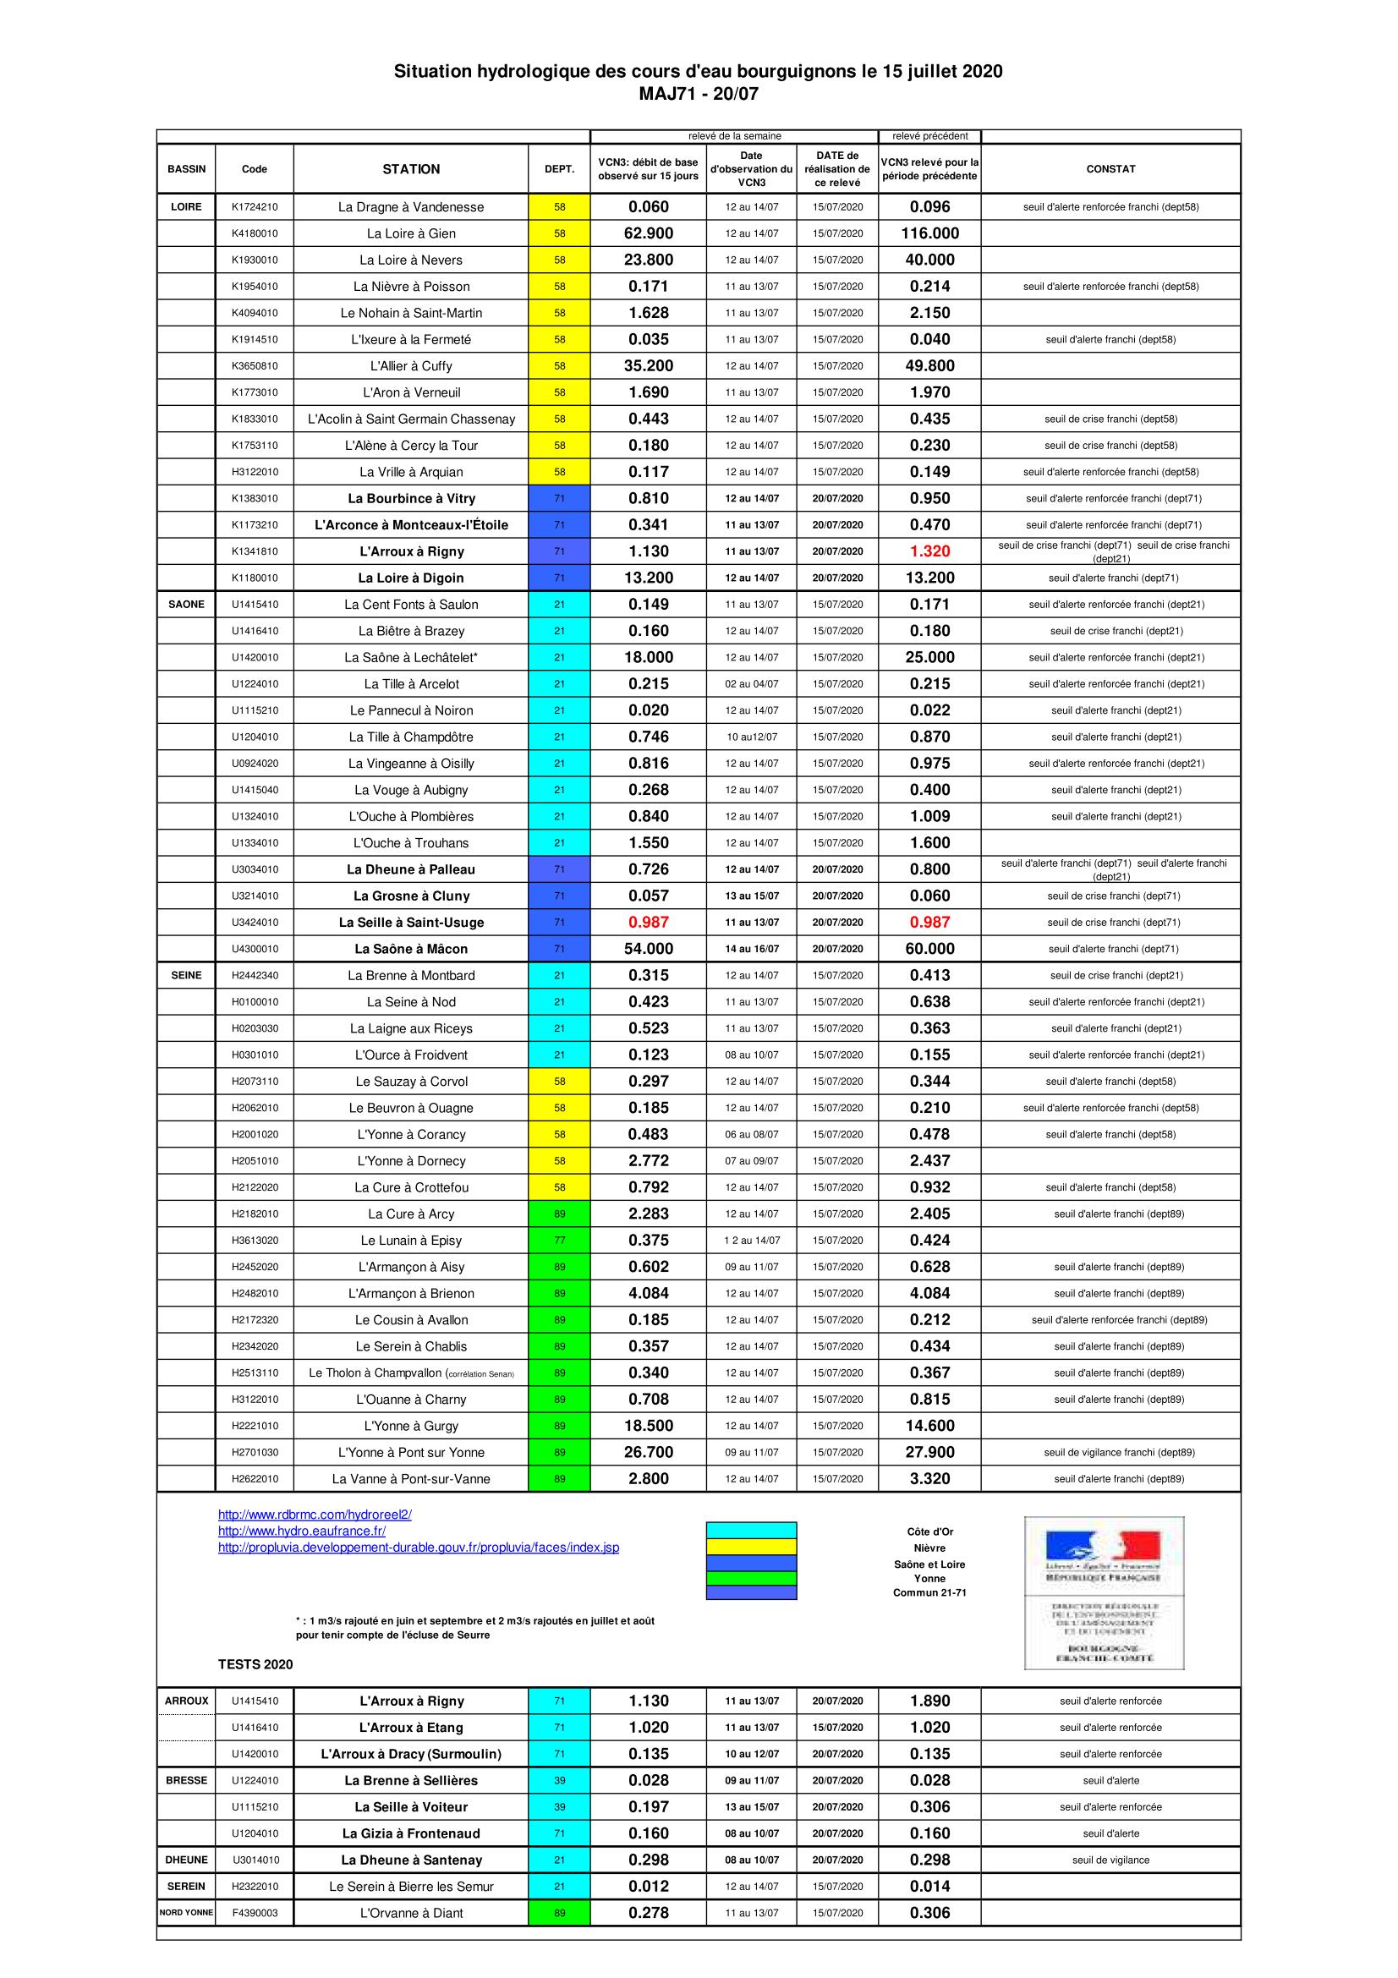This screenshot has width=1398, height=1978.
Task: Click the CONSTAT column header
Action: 1110,169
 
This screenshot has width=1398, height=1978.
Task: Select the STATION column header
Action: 411,169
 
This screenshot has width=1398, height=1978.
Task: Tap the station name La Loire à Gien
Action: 411,233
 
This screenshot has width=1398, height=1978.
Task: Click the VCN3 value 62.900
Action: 648,233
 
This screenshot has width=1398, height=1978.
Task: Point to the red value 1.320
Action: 929,551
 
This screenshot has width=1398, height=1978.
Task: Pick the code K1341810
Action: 254,551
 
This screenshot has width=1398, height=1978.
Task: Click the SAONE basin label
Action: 186,604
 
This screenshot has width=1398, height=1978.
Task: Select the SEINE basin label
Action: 186,975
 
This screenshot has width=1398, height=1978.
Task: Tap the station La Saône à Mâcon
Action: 411,949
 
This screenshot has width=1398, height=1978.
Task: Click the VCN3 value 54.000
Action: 648,949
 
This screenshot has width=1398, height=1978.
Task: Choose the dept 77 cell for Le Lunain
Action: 559,1241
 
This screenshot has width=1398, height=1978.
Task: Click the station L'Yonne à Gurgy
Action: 411,1426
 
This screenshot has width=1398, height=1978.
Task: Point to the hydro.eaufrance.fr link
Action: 301,1531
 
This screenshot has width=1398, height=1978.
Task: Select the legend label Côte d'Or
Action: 929,1531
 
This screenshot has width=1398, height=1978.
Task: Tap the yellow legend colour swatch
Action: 751,1547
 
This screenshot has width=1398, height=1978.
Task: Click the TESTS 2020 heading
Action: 255,1664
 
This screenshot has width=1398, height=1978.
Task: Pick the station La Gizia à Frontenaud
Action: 411,1833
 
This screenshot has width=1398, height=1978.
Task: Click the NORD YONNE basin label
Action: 186,1913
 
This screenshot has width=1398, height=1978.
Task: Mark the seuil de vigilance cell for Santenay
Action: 1110,1860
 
